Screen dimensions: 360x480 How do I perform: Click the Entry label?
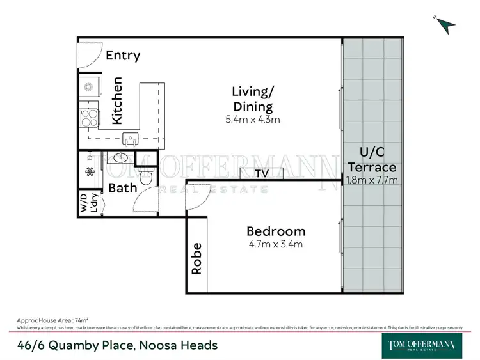pos(122,56)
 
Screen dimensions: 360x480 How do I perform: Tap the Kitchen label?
pos(118,101)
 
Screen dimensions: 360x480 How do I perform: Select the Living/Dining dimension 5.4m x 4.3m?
pos(253,120)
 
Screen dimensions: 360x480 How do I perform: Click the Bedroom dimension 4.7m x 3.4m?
pos(276,244)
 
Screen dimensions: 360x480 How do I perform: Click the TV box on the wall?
pos(262,174)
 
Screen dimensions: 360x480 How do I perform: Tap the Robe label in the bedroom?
pos(197,258)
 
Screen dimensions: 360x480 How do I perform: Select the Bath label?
pos(123,188)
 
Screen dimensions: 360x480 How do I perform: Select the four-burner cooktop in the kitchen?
pos(88,119)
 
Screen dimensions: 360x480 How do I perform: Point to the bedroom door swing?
pos(195,201)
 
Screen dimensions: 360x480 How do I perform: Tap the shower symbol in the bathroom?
pos(90,171)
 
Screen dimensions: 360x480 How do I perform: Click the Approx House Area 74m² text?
pos(52,319)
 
